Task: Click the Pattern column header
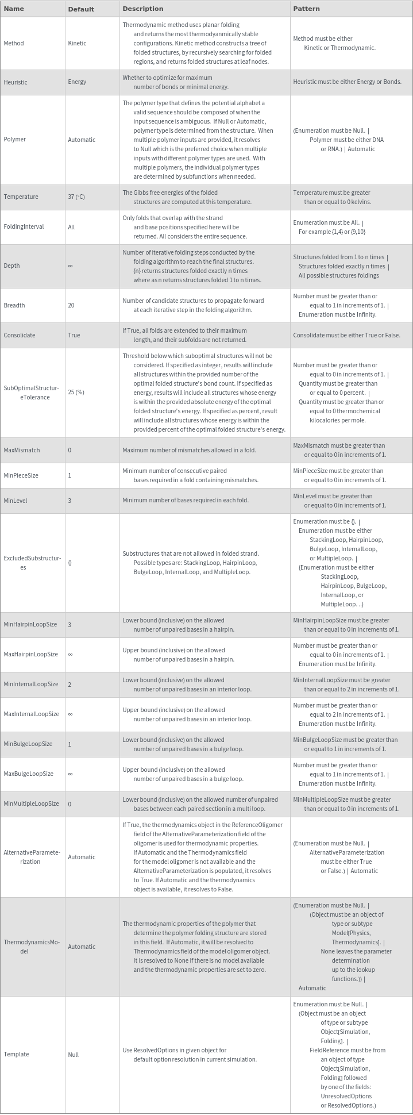click(x=306, y=9)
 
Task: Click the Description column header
click(x=142, y=9)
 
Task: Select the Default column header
click(x=80, y=9)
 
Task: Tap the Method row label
click(x=14, y=43)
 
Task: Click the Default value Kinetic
click(x=77, y=43)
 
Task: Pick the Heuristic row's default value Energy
click(x=77, y=82)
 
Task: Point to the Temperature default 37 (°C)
click(x=76, y=197)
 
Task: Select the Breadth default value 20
click(x=71, y=305)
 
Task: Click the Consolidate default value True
click(x=74, y=335)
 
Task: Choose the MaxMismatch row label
click(x=22, y=450)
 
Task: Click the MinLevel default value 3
click(x=70, y=501)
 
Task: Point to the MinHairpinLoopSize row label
click(x=30, y=625)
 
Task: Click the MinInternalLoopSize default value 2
click(x=70, y=685)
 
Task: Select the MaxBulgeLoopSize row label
click(x=29, y=774)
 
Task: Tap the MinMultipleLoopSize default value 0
click(x=70, y=804)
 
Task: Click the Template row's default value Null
click(x=74, y=1055)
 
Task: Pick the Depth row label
click(x=11, y=266)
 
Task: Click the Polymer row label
click(x=14, y=139)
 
